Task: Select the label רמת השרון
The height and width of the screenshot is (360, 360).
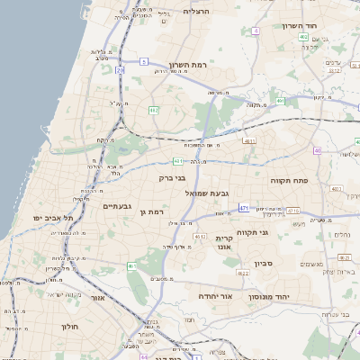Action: click(x=188, y=66)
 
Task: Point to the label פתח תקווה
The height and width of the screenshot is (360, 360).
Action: click(x=289, y=181)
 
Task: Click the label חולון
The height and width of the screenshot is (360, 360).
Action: click(x=71, y=326)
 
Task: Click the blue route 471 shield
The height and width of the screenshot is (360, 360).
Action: click(x=244, y=207)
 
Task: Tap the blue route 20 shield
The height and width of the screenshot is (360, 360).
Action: click(x=120, y=68)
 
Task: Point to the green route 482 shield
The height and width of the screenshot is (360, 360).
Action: click(x=154, y=110)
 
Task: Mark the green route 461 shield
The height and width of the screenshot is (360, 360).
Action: click(x=132, y=267)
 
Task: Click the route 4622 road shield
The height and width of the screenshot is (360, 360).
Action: click(x=242, y=272)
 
